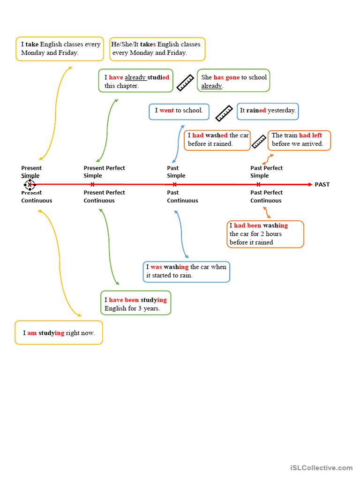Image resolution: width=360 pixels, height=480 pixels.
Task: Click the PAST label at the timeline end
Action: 322,185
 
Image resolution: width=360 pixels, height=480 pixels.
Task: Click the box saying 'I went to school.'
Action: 179,111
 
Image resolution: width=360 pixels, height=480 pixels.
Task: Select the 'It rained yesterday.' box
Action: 268,111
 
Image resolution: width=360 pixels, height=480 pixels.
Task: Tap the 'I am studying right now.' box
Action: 59,333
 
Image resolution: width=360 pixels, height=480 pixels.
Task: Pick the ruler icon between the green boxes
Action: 186,82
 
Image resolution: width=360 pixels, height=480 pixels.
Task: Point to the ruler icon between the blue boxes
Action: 224,113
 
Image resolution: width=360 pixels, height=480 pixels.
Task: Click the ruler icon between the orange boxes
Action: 259,141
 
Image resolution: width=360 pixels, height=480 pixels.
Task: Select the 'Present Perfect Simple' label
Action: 104,172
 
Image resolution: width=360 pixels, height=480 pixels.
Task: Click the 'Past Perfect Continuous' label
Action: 266,196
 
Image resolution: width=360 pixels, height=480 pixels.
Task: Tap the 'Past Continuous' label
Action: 182,196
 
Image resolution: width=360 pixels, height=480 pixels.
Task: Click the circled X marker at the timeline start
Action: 30,185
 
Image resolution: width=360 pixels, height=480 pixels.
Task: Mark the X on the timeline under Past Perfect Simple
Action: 258,185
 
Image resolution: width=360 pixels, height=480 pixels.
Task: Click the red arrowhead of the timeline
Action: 309,185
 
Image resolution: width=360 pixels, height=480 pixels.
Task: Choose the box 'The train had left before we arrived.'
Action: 299,140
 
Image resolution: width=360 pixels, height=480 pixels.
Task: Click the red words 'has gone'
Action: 226,78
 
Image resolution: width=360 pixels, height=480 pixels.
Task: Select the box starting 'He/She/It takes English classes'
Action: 157,49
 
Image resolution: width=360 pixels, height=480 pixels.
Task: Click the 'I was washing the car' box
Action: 187,272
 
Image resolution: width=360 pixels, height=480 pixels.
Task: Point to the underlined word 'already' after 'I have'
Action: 135,78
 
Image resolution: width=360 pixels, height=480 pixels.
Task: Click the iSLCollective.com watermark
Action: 321,468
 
